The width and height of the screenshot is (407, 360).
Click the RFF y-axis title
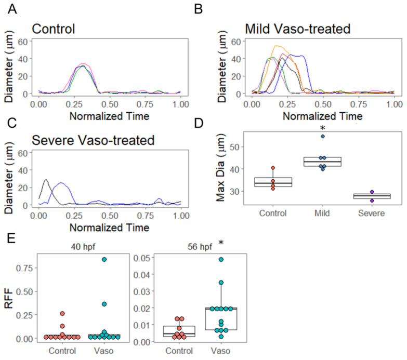(x=10, y=301)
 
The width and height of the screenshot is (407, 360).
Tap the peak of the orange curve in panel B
(x=277, y=46)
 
